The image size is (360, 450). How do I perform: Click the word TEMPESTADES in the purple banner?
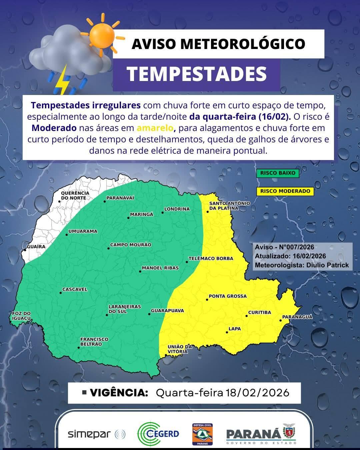(x=197, y=74)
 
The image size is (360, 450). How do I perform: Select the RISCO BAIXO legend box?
(x=278, y=173)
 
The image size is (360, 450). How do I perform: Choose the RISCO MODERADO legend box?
(x=285, y=191)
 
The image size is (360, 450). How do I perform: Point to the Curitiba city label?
(x=260, y=312)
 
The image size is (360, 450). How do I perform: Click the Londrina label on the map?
(x=177, y=209)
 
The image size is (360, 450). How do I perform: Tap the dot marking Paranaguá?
(x=281, y=321)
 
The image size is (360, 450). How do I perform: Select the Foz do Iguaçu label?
(x=21, y=316)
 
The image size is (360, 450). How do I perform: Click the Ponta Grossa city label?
(x=228, y=296)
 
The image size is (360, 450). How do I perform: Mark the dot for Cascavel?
(x=60, y=293)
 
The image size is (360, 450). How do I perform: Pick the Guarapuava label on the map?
(x=167, y=311)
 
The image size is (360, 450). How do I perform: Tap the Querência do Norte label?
(x=75, y=195)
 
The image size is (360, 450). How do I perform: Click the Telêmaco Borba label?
(x=211, y=258)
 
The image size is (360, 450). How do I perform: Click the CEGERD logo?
(x=158, y=434)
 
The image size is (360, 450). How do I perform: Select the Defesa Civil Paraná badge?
(x=203, y=434)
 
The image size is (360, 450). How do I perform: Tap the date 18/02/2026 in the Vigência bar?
(x=257, y=393)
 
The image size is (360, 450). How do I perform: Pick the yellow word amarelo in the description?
(x=155, y=128)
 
